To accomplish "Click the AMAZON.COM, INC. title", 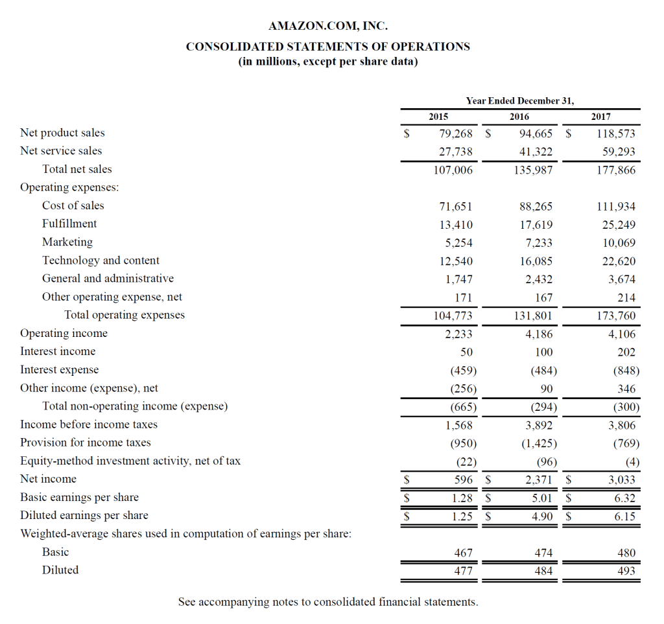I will pyautogui.click(x=328, y=27).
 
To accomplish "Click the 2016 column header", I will pyautogui.click(x=519, y=117).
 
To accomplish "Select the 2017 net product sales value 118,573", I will pyautogui.click(x=616, y=133).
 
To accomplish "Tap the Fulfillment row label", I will pyautogui.click(x=69, y=224).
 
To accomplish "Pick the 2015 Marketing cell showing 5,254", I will pyautogui.click(x=458, y=243).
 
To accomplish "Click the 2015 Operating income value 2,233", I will pyautogui.click(x=458, y=334).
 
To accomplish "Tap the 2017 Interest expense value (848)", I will pyautogui.click(x=626, y=371).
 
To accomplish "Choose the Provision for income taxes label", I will pyautogui.click(x=86, y=443).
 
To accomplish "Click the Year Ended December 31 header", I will pyautogui.click(x=520, y=100).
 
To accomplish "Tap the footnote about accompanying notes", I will pyautogui.click(x=328, y=602).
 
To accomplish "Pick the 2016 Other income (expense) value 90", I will pyautogui.click(x=546, y=389).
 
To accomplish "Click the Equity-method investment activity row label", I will pyautogui.click(x=130, y=461).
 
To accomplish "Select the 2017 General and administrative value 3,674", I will pyautogui.click(x=621, y=279).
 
